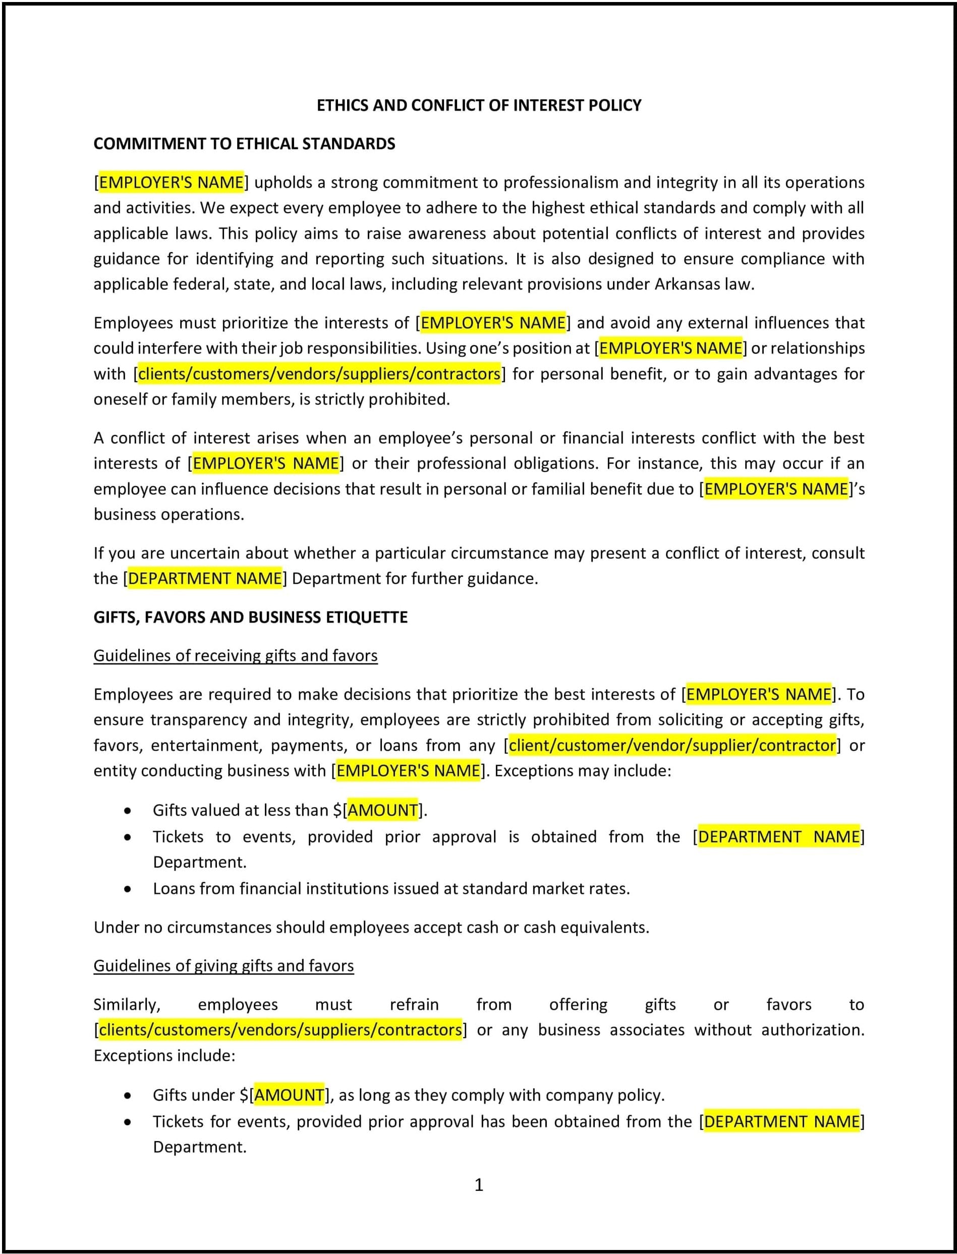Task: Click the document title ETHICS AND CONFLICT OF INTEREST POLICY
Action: click(478, 105)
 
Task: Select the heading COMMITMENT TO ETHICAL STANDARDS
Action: click(244, 144)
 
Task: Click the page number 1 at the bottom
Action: click(478, 1184)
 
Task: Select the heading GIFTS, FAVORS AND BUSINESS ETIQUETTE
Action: click(250, 617)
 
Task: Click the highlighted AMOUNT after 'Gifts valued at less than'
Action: click(382, 810)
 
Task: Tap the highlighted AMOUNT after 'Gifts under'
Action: click(289, 1095)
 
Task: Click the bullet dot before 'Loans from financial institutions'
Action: click(128, 889)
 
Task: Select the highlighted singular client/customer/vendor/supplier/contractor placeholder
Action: click(672, 745)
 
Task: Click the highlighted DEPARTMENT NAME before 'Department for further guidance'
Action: click(205, 579)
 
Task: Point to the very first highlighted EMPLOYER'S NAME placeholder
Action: click(172, 182)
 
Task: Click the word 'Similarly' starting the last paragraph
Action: click(127, 1005)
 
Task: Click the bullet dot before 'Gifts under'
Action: click(128, 1095)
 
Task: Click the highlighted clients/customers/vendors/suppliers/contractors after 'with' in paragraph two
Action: click(319, 374)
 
